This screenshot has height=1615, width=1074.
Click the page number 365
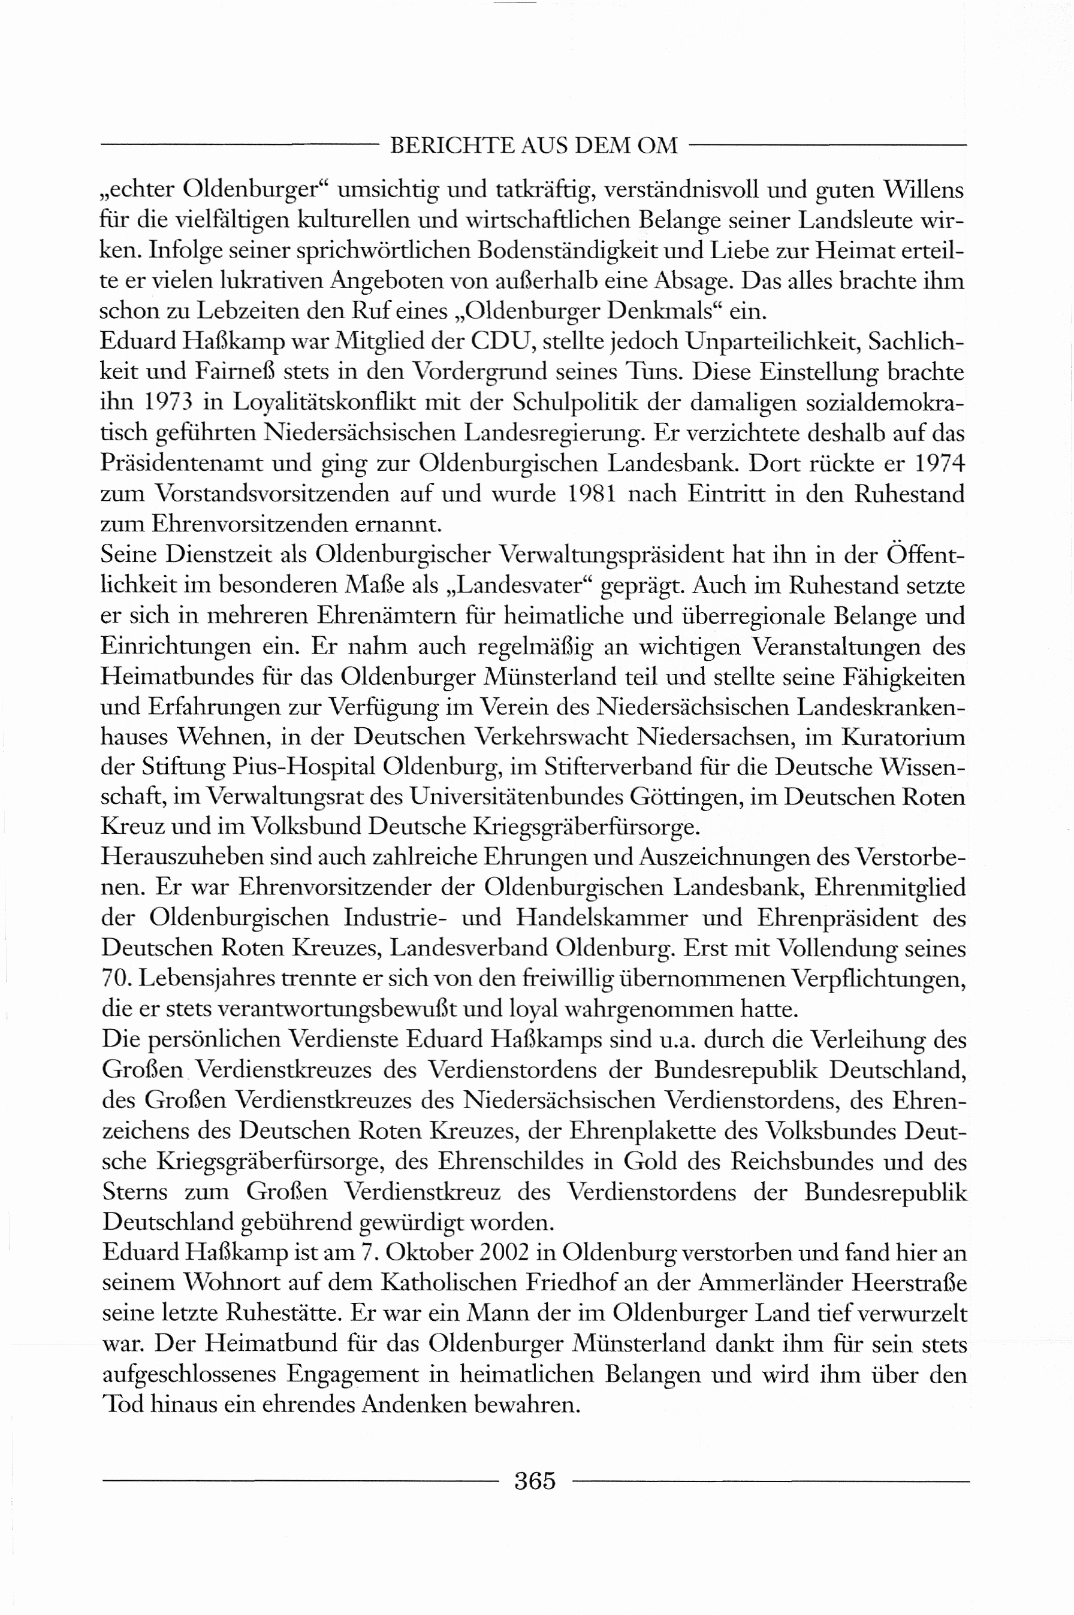coord(535,1481)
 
